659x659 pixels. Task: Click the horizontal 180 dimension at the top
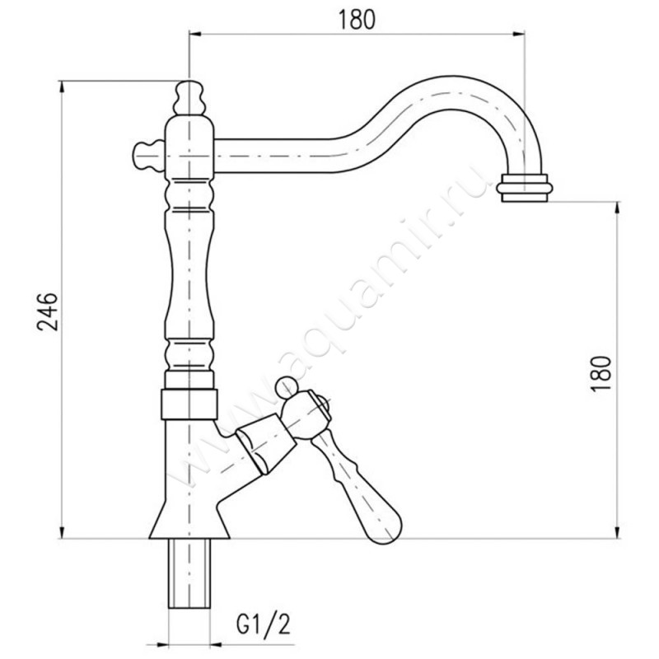coord(356,20)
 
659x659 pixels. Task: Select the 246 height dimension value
coord(48,311)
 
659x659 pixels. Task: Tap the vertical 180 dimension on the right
coord(601,373)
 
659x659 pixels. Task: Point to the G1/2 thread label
coord(263,624)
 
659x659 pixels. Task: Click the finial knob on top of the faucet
coord(189,97)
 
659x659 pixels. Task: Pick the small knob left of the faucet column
coord(148,156)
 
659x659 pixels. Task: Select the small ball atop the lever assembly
coord(286,387)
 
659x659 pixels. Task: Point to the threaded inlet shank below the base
coord(189,573)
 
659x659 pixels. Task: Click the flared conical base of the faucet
coord(189,517)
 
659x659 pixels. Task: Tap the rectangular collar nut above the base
coord(189,404)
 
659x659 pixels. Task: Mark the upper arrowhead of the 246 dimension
coord(63,87)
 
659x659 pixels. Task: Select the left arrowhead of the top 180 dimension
coord(197,34)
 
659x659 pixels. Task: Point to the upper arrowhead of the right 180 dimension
coord(617,209)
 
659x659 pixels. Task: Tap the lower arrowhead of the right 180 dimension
coord(617,531)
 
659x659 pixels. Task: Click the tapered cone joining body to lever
coord(265,443)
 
